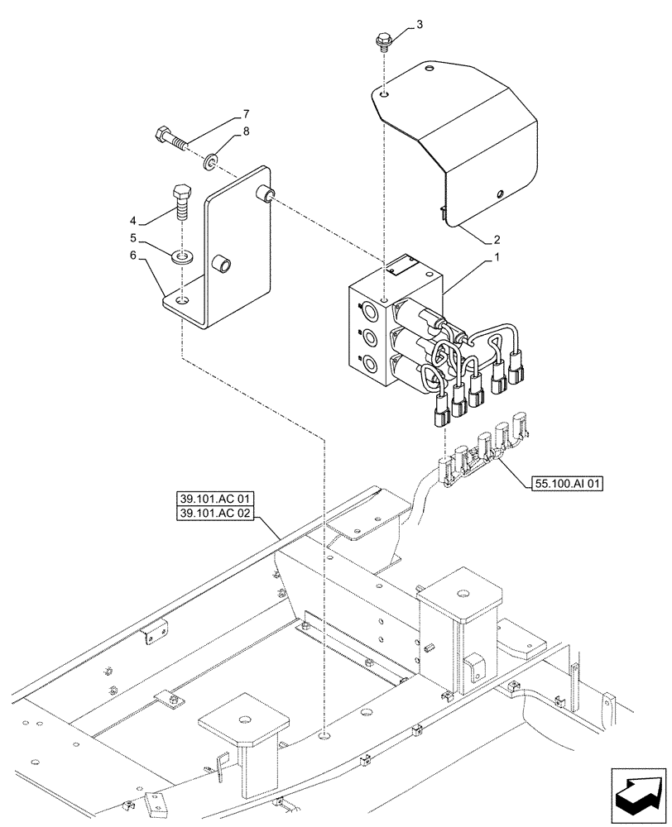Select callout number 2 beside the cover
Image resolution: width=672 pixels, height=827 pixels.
497,241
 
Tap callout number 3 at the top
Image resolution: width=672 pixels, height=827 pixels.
420,25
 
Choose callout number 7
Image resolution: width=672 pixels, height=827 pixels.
222,112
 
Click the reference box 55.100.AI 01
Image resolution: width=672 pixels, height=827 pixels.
564,483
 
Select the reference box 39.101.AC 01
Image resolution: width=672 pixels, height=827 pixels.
215,499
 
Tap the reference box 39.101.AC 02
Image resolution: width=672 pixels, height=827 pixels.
215,514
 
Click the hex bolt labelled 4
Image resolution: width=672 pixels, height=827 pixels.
182,200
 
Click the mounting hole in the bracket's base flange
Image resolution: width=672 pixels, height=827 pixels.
184,301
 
